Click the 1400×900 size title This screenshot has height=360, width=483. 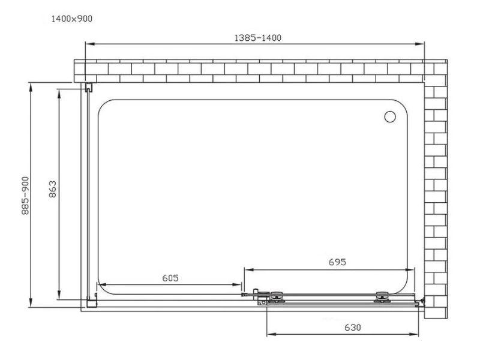72,20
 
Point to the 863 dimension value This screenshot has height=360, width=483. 53,191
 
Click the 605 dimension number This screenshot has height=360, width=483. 170,278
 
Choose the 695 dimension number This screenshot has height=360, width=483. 337,262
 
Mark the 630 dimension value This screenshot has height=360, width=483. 352,327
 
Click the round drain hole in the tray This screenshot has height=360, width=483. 390,116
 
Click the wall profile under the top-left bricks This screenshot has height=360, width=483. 88,88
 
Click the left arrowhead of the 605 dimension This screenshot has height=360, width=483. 100,285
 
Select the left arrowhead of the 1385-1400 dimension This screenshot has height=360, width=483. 89,44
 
